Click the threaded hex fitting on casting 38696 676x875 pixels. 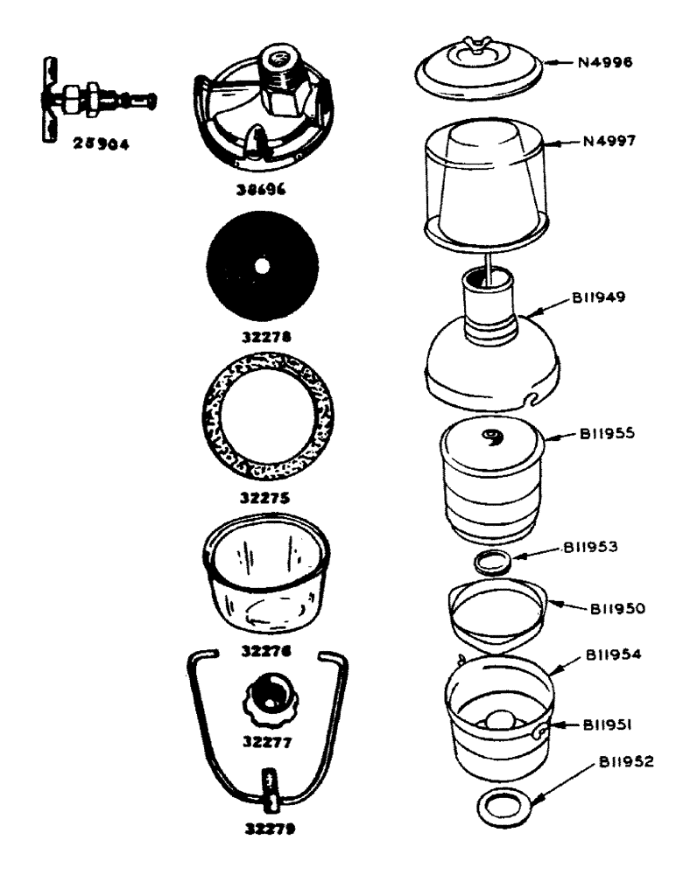coord(285,84)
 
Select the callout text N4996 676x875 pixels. coord(605,62)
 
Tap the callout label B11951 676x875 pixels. coord(603,724)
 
